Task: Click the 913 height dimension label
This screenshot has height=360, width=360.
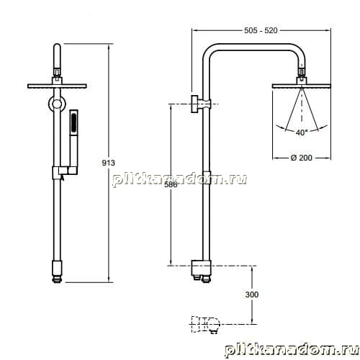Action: click(x=109, y=163)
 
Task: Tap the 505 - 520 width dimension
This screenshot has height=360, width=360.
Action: click(x=261, y=30)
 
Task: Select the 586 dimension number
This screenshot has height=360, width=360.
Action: click(x=171, y=184)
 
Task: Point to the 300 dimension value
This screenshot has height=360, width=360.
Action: click(x=252, y=294)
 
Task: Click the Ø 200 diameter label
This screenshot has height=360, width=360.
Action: click(x=302, y=158)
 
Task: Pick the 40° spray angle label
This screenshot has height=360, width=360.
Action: click(x=302, y=132)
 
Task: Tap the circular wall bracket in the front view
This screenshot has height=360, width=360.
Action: click(x=57, y=104)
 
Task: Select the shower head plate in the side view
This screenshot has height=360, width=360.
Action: click(x=302, y=86)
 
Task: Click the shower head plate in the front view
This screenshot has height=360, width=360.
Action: click(x=57, y=86)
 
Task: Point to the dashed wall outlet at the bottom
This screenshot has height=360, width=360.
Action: click(x=205, y=324)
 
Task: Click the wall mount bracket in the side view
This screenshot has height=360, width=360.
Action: click(x=201, y=104)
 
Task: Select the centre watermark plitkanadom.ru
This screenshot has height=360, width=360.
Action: click(x=179, y=179)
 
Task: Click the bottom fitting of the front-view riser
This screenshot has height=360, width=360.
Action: click(x=57, y=271)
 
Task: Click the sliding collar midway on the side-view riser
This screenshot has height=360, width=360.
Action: click(x=207, y=177)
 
